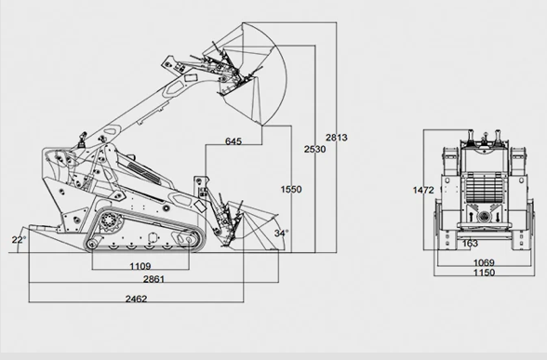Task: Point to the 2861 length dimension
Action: coord(141,280)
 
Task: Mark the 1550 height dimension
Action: coord(290,189)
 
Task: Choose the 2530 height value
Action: coord(315,149)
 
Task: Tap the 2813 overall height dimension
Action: coord(336,138)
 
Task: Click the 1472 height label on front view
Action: coord(424,190)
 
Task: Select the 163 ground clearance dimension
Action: coord(471,244)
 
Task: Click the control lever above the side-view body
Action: coord(83,141)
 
